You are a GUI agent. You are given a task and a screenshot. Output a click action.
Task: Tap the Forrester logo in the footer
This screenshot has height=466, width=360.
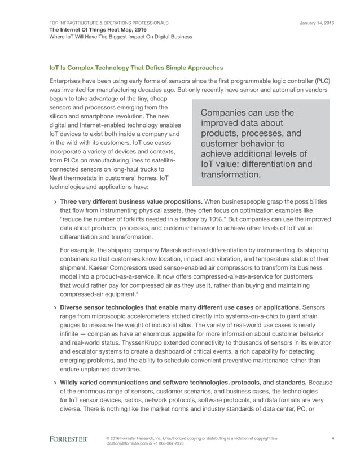point(69,439)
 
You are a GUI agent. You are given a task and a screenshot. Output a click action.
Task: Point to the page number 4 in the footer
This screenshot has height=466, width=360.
point(333,438)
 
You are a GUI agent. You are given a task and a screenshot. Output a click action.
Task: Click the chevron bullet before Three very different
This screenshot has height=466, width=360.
point(54,201)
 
